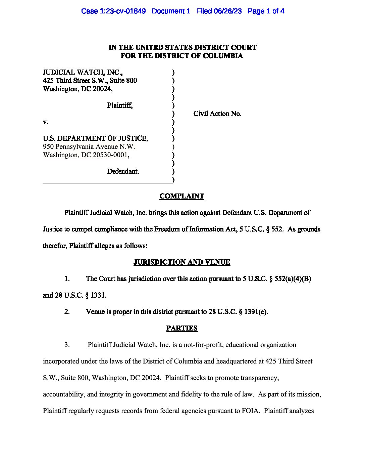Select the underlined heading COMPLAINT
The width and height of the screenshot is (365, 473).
click(182, 196)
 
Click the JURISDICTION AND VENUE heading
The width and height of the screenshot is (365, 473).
click(182, 262)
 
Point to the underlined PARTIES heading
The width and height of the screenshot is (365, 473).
click(182, 328)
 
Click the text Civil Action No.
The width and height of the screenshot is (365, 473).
click(217, 114)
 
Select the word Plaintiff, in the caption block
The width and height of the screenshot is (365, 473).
click(120, 105)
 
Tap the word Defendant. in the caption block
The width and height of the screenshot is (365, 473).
click(123, 171)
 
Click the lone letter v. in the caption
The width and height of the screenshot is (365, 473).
click(45, 122)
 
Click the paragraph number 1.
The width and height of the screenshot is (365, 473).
click(67, 279)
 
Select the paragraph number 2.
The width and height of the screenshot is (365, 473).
click(67, 312)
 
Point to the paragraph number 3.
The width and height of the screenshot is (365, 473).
click(67, 345)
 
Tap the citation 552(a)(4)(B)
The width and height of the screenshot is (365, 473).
click(293, 279)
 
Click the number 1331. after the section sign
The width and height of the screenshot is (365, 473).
click(99, 295)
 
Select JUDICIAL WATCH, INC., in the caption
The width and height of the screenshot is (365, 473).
click(83, 72)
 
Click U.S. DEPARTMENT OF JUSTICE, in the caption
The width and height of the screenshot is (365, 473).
click(95, 138)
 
